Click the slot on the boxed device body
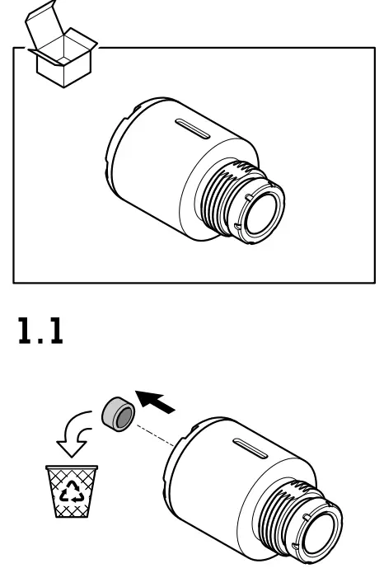[x=196, y=130]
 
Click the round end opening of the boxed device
[x=261, y=211]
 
